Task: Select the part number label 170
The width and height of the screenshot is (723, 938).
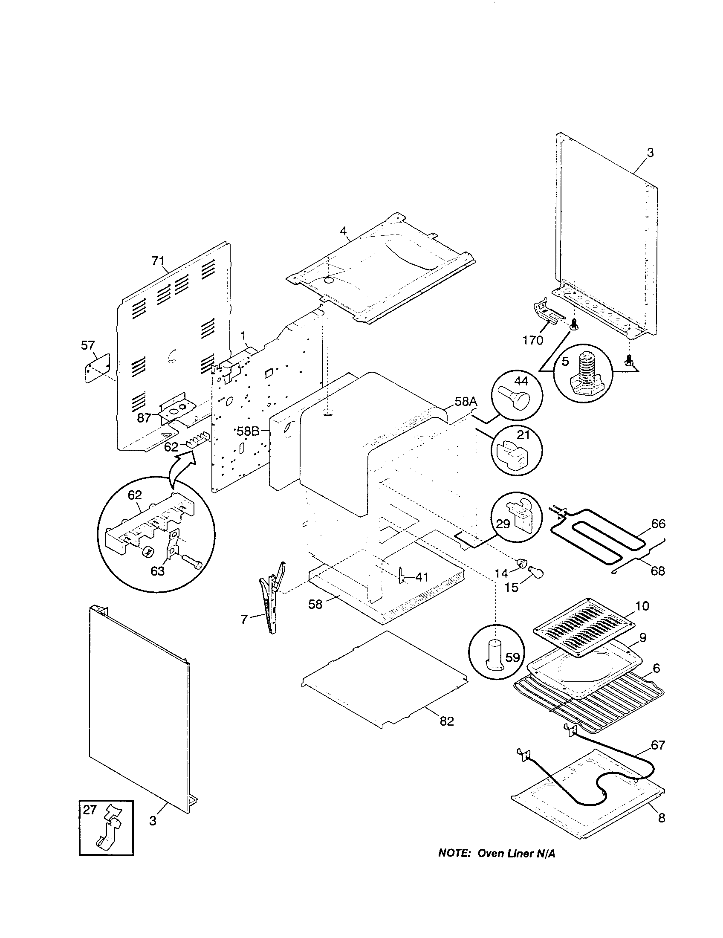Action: (532, 340)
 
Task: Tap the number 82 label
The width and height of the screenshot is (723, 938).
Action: (446, 721)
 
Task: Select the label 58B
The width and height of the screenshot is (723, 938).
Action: (248, 431)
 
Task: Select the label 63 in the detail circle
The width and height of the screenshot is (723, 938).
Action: (158, 572)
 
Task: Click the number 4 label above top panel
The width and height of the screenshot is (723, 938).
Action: (343, 231)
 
